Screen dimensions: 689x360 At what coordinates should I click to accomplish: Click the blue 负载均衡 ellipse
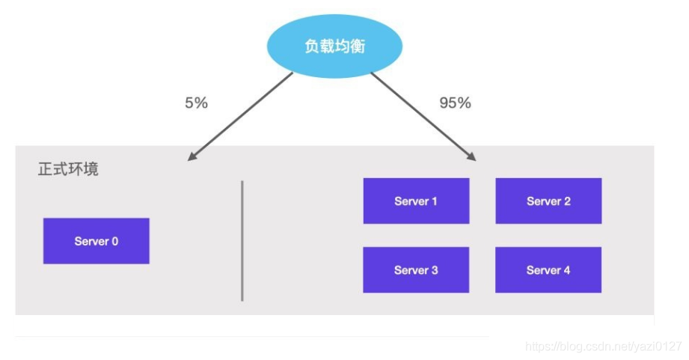(x=334, y=46)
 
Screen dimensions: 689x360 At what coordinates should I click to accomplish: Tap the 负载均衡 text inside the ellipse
(x=335, y=46)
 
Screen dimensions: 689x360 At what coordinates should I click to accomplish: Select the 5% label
(x=196, y=103)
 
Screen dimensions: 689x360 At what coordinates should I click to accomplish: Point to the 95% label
(x=456, y=103)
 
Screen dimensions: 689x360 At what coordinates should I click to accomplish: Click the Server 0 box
(x=97, y=241)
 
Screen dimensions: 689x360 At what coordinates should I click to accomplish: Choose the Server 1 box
(x=416, y=201)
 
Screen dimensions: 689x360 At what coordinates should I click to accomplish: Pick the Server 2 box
(x=548, y=201)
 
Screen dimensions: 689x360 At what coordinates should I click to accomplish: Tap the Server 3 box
(x=416, y=270)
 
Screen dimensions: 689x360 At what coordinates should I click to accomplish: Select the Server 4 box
(x=548, y=270)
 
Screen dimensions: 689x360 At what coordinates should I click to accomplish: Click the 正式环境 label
(x=68, y=169)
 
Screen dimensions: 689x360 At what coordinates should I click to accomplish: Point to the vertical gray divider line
(x=242, y=241)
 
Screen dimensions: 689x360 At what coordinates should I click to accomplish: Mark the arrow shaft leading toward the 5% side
(x=240, y=117)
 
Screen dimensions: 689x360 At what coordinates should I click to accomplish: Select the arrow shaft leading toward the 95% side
(x=423, y=117)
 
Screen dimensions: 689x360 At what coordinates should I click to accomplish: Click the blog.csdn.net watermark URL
(x=603, y=347)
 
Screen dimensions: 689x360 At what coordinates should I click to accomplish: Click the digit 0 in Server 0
(x=114, y=241)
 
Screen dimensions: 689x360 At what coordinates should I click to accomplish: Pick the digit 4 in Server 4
(x=567, y=270)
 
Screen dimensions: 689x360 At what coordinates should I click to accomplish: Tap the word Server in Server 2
(x=544, y=201)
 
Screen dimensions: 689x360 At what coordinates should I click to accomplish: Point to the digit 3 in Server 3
(x=435, y=270)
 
